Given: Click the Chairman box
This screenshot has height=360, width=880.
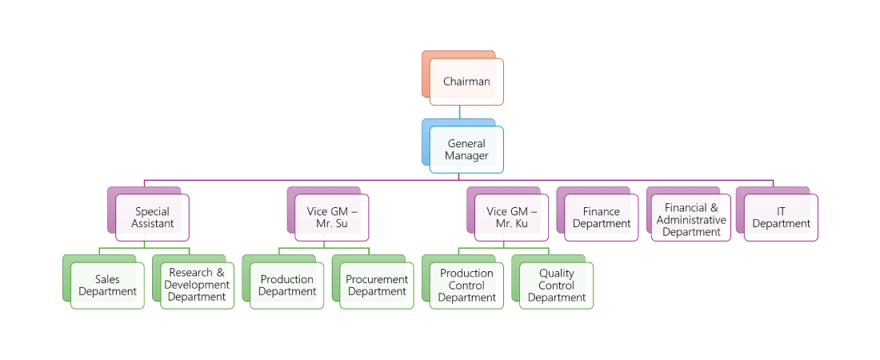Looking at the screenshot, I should (466, 82).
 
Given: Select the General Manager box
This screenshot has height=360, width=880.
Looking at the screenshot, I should (466, 150).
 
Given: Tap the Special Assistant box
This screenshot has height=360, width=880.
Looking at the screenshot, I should (152, 218).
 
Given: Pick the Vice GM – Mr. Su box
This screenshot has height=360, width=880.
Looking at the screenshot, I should (332, 218).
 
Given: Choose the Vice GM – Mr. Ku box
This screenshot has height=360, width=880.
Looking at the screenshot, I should (512, 218).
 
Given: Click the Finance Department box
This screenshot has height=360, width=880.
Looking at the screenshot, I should (602, 218).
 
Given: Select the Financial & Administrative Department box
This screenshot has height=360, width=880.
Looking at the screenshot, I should (691, 218).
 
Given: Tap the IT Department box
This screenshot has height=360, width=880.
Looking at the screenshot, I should (781, 218).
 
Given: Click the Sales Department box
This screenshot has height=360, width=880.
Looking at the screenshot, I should (107, 286).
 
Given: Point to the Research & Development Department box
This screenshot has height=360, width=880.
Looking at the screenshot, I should (197, 286).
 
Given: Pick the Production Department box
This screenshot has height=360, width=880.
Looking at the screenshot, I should (286, 286).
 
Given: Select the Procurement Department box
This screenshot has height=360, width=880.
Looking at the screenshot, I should (377, 286).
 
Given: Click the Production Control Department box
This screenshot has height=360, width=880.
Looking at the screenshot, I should (466, 286).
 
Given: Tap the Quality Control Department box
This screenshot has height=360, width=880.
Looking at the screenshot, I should (556, 286).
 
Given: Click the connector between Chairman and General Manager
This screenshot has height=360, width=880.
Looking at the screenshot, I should (459, 112).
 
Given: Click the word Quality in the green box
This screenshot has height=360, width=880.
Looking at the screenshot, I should (557, 274).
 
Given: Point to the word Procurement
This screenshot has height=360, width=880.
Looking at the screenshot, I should (377, 280).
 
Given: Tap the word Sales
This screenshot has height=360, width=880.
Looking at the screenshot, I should (107, 280).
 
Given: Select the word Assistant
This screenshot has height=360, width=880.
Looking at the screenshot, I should (152, 224).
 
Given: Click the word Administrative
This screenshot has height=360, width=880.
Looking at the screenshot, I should (691, 220).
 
